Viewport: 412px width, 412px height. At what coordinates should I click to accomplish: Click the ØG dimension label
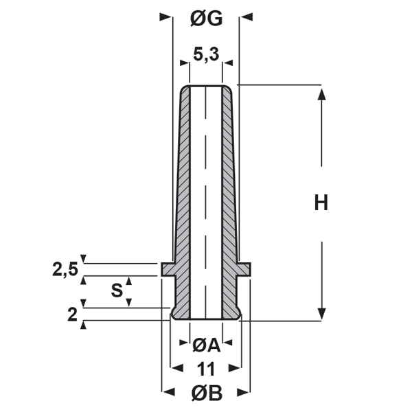206,19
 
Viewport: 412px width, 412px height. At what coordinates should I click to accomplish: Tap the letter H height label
321,203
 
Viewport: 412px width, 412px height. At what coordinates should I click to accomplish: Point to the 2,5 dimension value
66,269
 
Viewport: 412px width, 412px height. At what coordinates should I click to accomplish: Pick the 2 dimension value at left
72,315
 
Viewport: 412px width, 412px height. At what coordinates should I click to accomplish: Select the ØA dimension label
206,345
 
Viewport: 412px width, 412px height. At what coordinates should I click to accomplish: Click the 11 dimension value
206,369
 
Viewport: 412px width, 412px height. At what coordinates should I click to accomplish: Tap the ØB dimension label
206,393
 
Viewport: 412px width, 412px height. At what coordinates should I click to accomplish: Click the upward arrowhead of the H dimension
321,93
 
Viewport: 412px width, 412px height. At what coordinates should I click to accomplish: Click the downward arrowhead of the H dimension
321,314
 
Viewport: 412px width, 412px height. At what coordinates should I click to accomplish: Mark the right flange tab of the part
244,268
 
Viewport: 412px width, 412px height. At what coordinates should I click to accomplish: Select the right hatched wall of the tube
229,206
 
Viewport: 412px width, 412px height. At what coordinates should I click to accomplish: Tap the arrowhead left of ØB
166,393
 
